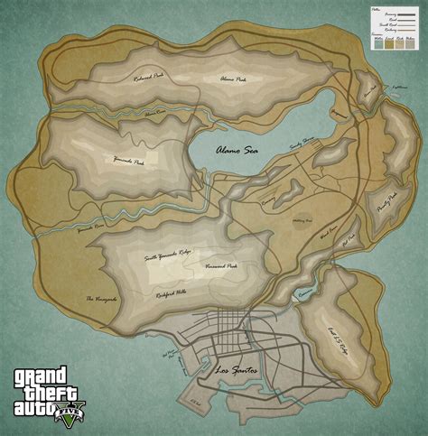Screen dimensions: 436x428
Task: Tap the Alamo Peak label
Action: click(x=234, y=79)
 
